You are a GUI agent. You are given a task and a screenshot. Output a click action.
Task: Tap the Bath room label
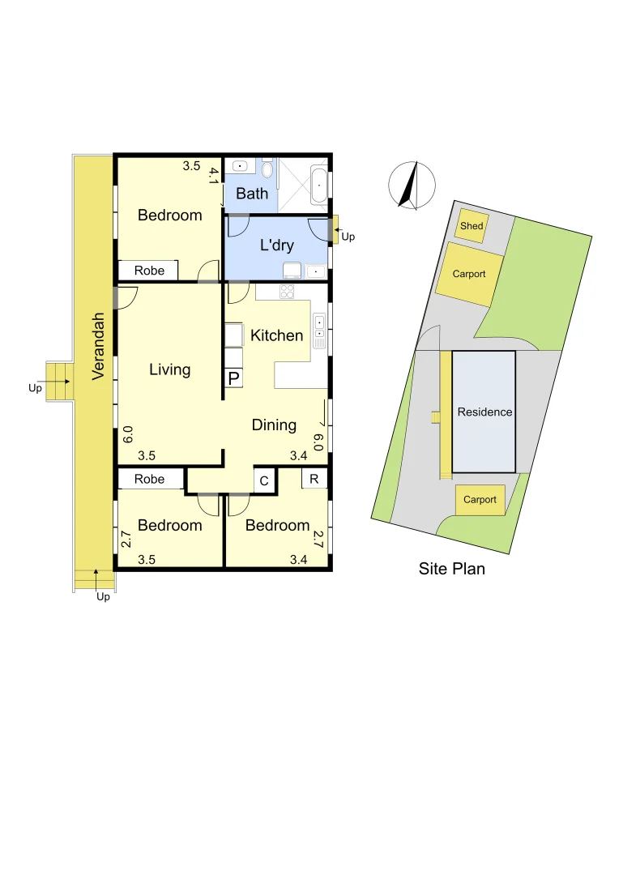point(252,194)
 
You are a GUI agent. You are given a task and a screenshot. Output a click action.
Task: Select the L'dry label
point(276,245)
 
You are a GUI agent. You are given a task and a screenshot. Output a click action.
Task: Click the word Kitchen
point(277,335)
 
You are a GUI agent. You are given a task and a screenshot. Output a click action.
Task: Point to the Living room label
point(170,369)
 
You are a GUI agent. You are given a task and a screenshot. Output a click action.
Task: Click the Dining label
point(274,425)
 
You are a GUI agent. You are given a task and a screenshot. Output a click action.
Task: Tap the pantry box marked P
point(233,378)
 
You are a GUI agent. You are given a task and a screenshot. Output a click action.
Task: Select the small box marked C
point(264,480)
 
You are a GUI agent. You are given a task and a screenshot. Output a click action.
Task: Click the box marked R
point(314,478)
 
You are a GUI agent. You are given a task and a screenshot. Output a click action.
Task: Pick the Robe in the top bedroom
point(149,271)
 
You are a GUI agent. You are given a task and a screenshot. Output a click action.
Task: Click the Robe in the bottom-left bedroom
point(149,479)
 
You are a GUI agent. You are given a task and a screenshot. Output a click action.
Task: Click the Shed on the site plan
point(472,226)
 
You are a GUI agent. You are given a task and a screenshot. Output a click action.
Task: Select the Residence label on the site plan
point(484,412)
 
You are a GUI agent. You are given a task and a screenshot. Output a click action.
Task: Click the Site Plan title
point(452,569)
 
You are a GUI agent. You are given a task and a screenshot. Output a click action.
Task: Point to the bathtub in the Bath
point(320,186)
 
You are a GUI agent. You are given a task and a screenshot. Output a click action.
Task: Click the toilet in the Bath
point(268,169)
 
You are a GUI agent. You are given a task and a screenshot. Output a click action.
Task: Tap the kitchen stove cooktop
point(288,291)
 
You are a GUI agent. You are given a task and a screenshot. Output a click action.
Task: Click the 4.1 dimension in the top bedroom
point(214,177)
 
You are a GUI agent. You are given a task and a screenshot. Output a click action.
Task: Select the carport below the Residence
point(480,500)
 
